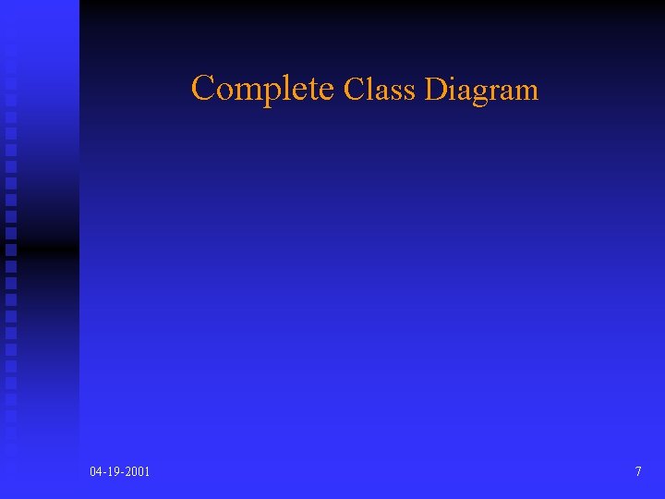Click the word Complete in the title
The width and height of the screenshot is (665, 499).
[262, 89]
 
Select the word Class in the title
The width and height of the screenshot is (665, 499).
[380, 90]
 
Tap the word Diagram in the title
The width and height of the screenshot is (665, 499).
[480, 90]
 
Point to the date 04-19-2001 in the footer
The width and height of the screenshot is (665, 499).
[120, 472]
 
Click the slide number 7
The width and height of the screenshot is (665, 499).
[638, 472]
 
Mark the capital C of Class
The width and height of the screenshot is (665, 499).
[354, 90]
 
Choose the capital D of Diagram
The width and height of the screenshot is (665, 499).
[435, 90]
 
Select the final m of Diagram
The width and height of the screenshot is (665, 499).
[527, 91]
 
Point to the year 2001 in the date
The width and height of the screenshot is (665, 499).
[137, 472]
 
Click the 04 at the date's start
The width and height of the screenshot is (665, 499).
[96, 472]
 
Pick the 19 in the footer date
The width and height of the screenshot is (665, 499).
[114, 472]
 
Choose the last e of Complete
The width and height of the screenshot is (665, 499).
[325, 91]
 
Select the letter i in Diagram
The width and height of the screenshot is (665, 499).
[453, 89]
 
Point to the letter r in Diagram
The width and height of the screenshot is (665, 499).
[490, 91]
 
